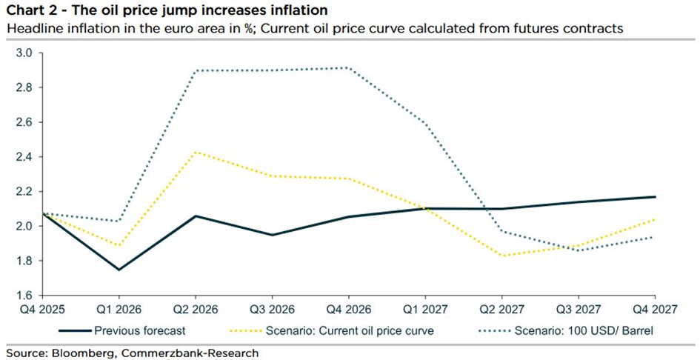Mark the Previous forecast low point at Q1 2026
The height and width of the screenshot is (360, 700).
click(x=119, y=270)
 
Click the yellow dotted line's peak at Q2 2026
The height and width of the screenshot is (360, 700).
click(x=196, y=152)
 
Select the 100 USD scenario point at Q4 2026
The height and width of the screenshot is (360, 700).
click(x=349, y=67)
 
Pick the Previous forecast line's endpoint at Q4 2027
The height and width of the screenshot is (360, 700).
click(x=655, y=196)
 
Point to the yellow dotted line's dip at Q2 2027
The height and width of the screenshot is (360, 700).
click(x=501, y=256)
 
